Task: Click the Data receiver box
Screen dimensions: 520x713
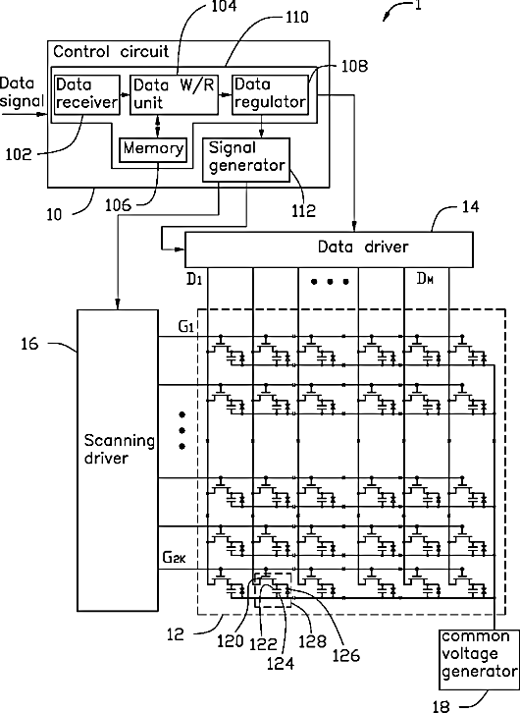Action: click(x=86, y=94)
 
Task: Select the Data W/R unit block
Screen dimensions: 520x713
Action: click(x=174, y=94)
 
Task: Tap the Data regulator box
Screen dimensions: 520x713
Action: click(x=270, y=94)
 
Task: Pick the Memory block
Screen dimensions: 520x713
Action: click(x=153, y=149)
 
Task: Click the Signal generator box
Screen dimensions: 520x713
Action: click(x=245, y=160)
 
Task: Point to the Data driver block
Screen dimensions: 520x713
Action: click(x=329, y=249)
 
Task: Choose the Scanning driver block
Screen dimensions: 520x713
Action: click(x=118, y=460)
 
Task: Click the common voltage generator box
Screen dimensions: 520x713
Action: click(x=478, y=659)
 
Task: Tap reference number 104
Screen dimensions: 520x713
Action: click(x=224, y=6)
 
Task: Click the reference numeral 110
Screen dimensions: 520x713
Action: click(x=297, y=18)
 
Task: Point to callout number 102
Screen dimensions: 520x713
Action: click(x=19, y=155)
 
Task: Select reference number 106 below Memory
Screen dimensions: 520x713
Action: click(x=118, y=205)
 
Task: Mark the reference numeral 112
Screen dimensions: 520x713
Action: click(x=303, y=210)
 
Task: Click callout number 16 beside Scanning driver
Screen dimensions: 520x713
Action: click(x=29, y=344)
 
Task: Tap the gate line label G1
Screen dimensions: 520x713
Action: click(x=185, y=326)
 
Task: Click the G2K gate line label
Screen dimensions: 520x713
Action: click(x=174, y=558)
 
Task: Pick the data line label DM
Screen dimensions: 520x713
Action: click(x=425, y=279)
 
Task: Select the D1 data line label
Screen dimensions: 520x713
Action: click(x=194, y=279)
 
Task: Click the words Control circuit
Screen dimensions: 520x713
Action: click(x=111, y=51)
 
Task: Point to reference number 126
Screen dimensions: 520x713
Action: click(x=346, y=656)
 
